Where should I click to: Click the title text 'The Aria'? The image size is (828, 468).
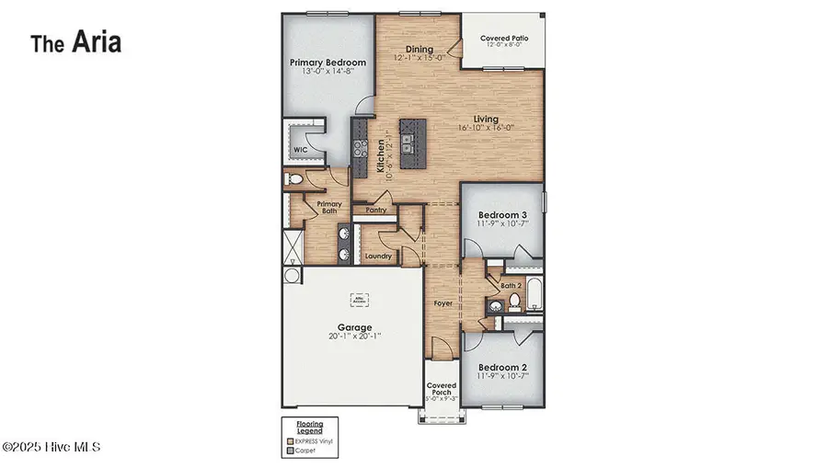pyautogui.click(x=75, y=42)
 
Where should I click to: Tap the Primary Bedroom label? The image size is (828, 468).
pyautogui.click(x=328, y=63)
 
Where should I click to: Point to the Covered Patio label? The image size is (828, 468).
pyautogui.click(x=501, y=39)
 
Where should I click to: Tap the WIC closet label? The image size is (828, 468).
pyautogui.click(x=300, y=149)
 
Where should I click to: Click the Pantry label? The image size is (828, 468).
pyautogui.click(x=376, y=210)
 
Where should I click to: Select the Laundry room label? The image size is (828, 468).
pyautogui.click(x=378, y=256)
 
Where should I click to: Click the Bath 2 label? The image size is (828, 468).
pyautogui.click(x=512, y=287)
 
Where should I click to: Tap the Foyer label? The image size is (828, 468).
pyautogui.click(x=443, y=302)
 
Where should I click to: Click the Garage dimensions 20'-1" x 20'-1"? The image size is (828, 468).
pyautogui.click(x=354, y=337)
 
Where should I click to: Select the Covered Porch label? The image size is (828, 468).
pyautogui.click(x=443, y=390)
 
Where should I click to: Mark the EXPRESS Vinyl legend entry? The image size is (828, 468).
pyautogui.click(x=314, y=440)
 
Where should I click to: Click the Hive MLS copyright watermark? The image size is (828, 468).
pyautogui.click(x=52, y=448)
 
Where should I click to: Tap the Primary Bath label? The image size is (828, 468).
pyautogui.click(x=328, y=208)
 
